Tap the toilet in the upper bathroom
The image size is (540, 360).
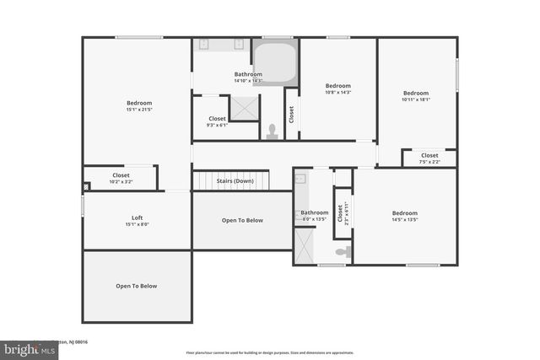(x=272, y=132)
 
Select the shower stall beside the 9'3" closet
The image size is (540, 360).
(x=245, y=107)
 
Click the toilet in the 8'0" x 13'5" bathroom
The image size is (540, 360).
(x=341, y=252)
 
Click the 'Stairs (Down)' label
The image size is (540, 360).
(x=235, y=180)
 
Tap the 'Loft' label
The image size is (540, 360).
(x=137, y=218)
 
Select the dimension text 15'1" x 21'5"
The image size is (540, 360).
(x=138, y=110)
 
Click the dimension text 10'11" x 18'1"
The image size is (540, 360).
(x=416, y=99)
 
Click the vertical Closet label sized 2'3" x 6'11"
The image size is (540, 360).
(x=342, y=212)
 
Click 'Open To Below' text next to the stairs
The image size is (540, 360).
(x=242, y=220)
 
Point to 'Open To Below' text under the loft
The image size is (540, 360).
(x=137, y=286)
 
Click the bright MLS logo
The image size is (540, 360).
(x=25, y=347)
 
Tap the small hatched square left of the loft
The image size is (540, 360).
(x=86, y=187)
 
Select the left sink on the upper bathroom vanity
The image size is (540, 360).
(x=202, y=44)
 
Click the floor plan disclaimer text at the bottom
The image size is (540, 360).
(x=269, y=352)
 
